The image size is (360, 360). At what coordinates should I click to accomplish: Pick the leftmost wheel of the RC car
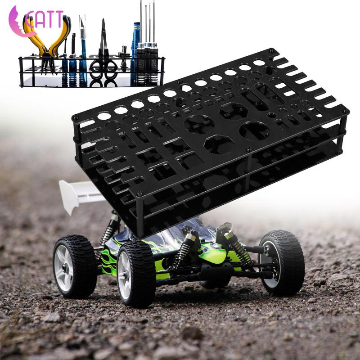tap(75, 266)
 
